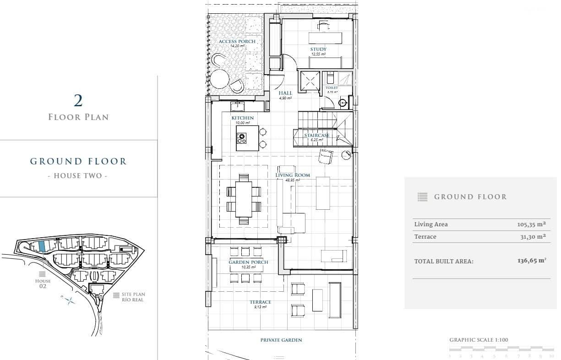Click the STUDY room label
pyautogui.click(x=318, y=49)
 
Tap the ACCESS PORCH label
pyautogui.click(x=237, y=42)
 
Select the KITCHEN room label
pyautogui.click(x=242, y=118)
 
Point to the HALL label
pyautogui.click(x=285, y=93)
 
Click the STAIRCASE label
pyautogui.click(x=317, y=136)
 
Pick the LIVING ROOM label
pyautogui.click(x=293, y=175)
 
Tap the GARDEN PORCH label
pyautogui.click(x=248, y=262)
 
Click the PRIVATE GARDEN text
pyautogui.click(x=281, y=340)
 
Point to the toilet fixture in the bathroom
pyautogui.click(x=330, y=79)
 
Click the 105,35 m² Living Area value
pyautogui.click(x=531, y=224)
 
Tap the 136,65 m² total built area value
pyautogui.click(x=531, y=261)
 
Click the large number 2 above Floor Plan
pyautogui.click(x=78, y=100)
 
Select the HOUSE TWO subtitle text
pyautogui.click(x=78, y=176)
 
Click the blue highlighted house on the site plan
pyautogui.click(x=42, y=246)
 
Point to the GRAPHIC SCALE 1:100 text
pyautogui.click(x=479, y=340)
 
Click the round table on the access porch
pyautogui.click(x=219, y=78)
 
